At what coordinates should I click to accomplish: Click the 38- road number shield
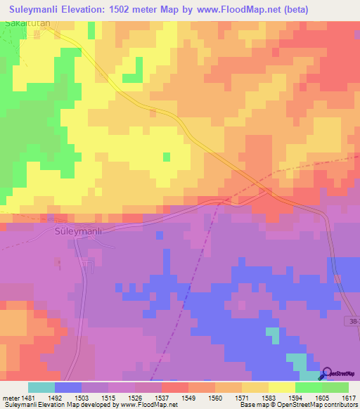click(352, 320)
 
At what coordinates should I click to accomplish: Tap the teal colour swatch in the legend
click(41, 387)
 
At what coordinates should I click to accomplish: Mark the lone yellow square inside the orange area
click(167, 157)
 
